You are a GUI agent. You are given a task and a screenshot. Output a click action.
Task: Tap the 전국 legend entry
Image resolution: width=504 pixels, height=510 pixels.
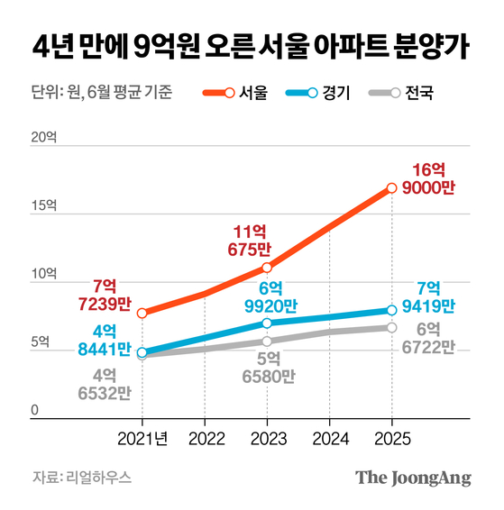(400, 92)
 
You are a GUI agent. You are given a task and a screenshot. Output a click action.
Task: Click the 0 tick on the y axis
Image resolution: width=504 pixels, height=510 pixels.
(35, 411)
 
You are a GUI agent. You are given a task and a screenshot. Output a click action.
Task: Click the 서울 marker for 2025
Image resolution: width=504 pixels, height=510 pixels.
(391, 188)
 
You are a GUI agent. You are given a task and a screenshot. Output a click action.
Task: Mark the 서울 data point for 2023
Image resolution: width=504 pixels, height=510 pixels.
(267, 268)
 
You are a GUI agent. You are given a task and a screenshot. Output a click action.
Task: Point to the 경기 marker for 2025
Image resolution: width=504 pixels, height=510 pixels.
(391, 311)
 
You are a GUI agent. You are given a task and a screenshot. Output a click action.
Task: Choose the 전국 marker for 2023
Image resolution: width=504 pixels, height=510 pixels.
(267, 342)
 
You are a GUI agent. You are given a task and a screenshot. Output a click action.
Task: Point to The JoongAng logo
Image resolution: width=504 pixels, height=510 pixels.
(413, 478)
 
